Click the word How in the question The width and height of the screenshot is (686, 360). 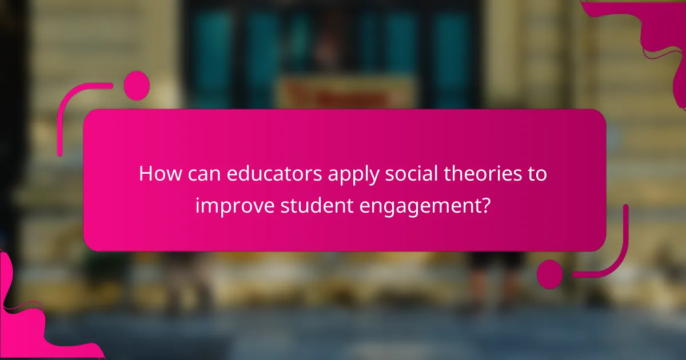tap(157, 174)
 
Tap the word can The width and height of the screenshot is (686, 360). tap(201, 174)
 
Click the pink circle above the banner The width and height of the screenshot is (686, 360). tap(137, 86)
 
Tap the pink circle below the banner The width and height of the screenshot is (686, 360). tap(550, 274)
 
